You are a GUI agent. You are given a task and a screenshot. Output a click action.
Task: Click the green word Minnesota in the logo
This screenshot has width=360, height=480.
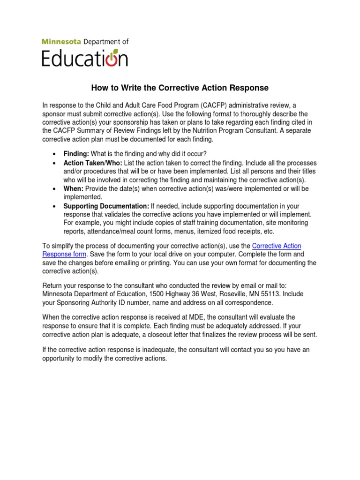click(59, 42)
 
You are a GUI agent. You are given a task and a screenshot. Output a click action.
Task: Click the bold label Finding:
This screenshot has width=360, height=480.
click(76, 154)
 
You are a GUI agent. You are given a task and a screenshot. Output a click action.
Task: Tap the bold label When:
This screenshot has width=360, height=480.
click(74, 189)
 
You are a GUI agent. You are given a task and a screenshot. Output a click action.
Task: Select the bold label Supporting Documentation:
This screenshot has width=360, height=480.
click(106, 206)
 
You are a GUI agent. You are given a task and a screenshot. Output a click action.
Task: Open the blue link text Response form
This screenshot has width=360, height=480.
click(64, 254)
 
